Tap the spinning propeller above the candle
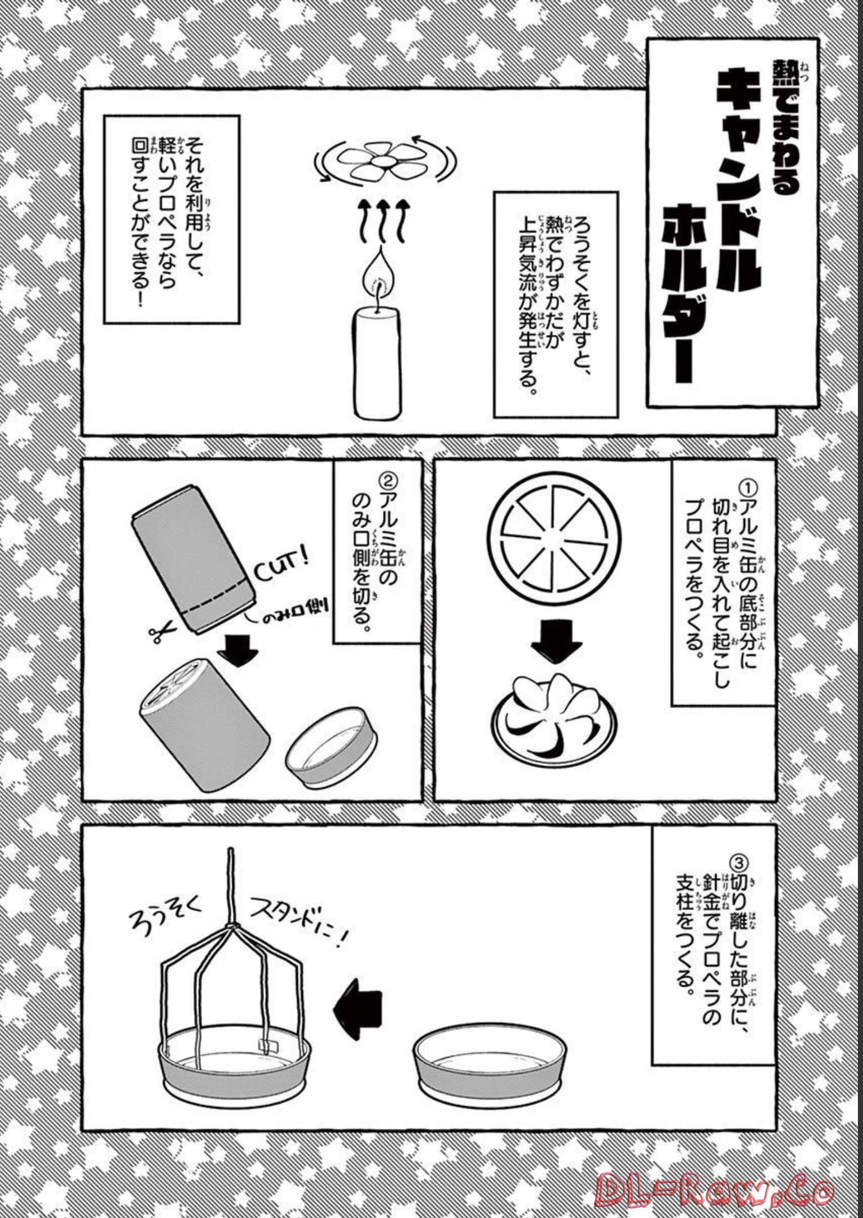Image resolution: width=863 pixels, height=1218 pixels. pyautogui.click(x=385, y=162)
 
